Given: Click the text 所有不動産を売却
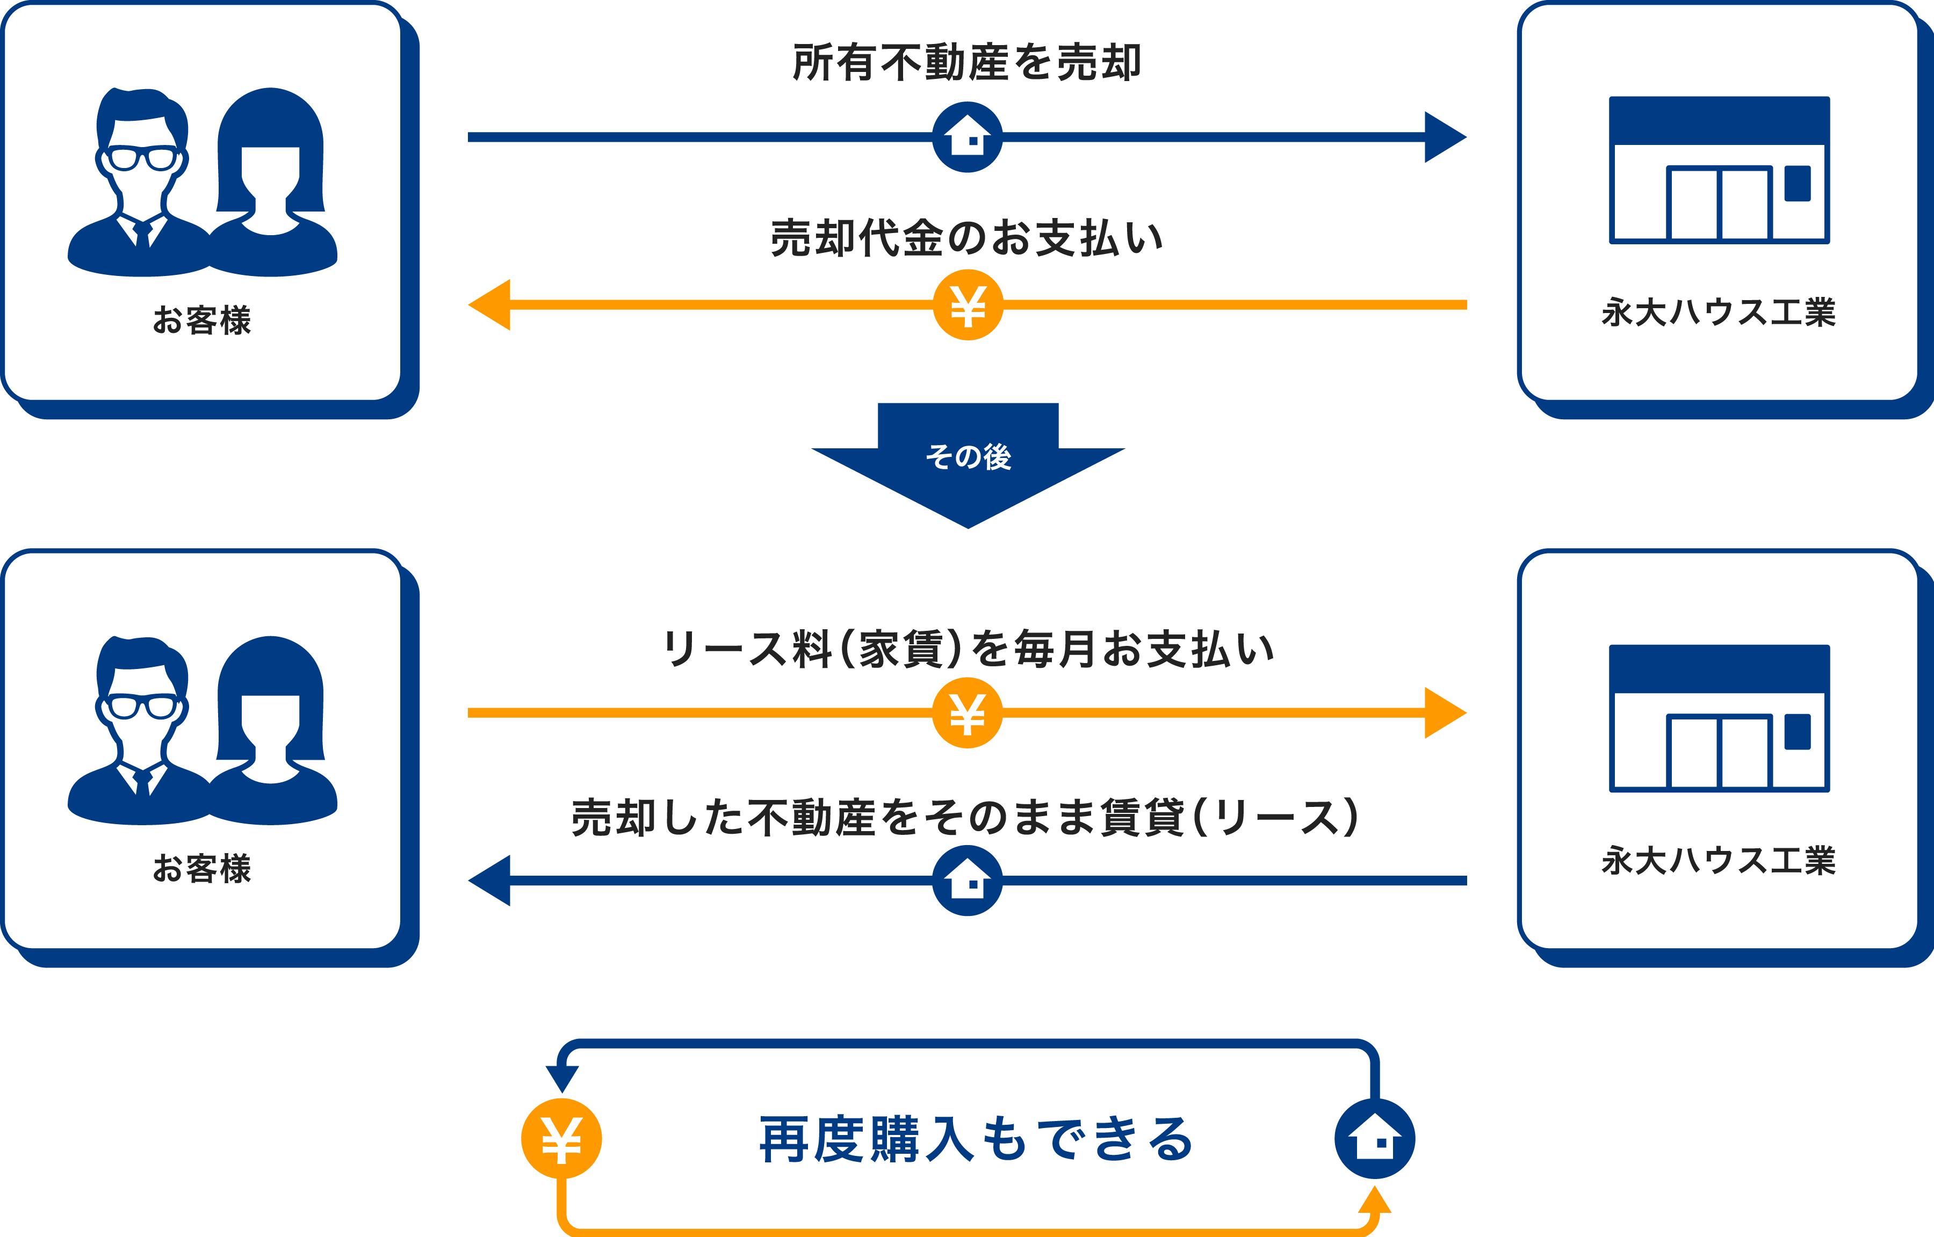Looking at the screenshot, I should (966, 63).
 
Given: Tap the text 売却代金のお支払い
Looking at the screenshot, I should (966, 238).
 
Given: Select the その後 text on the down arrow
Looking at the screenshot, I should (968, 457).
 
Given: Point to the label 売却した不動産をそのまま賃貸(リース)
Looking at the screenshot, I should (964, 818).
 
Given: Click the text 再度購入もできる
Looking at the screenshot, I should (976, 1139).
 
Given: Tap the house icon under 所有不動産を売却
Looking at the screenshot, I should (968, 136).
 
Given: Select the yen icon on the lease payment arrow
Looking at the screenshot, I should (968, 712).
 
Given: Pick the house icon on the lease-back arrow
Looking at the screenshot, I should (968, 881).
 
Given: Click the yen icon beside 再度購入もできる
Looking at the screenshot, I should (561, 1138).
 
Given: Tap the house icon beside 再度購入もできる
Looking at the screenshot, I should (1374, 1138).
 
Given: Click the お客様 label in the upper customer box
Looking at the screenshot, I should (201, 319).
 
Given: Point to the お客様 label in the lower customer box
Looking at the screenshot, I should (201, 868).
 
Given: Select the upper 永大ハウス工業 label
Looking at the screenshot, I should (1719, 312).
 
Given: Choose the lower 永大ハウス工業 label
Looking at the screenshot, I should (1719, 861).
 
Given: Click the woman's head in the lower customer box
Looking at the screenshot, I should (271, 707).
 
